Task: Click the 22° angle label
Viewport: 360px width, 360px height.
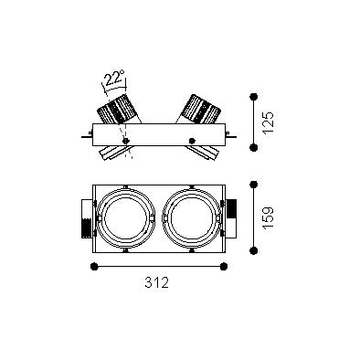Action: (x=114, y=78)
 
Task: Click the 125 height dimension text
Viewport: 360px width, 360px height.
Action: (x=268, y=122)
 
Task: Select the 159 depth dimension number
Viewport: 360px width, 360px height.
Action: (x=268, y=218)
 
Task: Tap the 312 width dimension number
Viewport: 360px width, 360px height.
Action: (x=156, y=282)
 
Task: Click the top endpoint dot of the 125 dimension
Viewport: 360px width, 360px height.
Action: (x=253, y=97)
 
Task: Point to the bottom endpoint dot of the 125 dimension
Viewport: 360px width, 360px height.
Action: (x=253, y=147)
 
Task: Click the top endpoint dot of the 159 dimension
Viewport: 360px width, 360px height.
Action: (x=253, y=185)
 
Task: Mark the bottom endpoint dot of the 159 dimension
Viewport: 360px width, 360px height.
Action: (x=253, y=250)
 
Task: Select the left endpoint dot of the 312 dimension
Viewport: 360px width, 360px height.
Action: (x=94, y=267)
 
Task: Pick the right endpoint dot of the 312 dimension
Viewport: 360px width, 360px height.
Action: (x=224, y=267)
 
